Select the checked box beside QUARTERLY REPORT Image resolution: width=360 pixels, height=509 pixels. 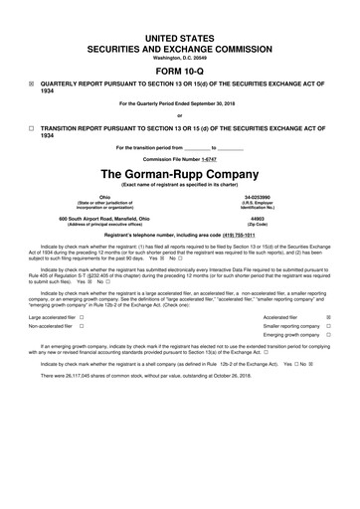coord(32,85)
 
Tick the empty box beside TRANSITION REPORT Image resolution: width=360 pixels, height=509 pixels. coord(32,128)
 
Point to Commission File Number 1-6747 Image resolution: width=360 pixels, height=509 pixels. coord(180,159)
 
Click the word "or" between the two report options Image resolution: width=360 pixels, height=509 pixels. coord(180,115)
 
